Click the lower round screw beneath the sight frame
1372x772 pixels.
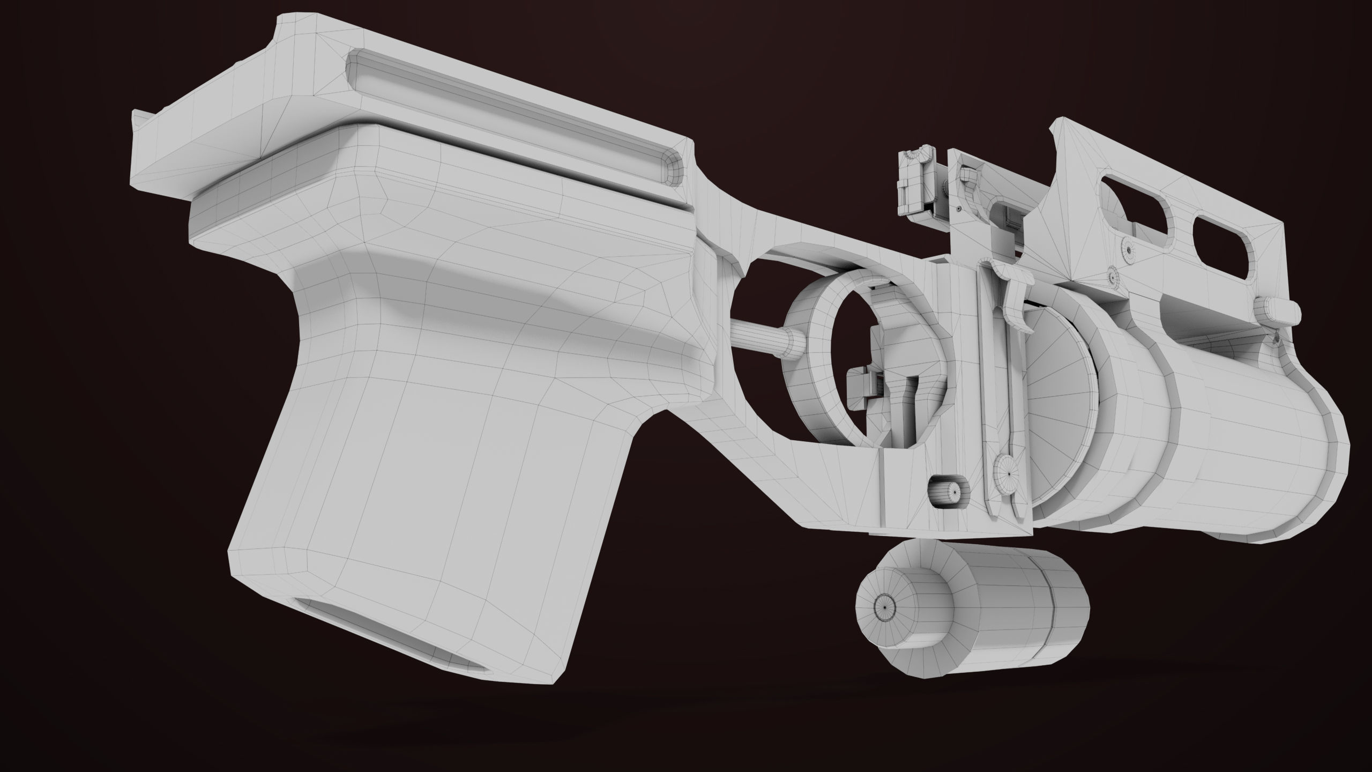(x=1112, y=277)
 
